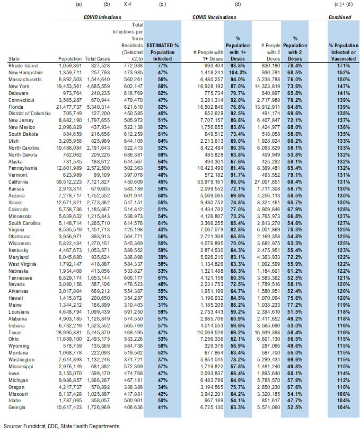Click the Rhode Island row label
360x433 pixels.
tap(23, 66)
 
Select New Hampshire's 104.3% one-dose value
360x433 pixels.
tap(238, 73)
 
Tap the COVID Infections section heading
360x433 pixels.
tap(102, 18)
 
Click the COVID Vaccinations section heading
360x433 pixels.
tap(214, 18)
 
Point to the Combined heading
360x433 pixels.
tap(339, 18)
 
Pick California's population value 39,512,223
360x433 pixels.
tap(69, 182)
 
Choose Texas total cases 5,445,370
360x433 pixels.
tap(98, 333)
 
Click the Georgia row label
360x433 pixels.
tap(16, 408)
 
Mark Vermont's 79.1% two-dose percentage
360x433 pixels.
tap(295, 175)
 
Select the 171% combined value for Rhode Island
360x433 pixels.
tap(344, 66)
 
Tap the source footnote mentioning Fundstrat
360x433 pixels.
tap(62, 427)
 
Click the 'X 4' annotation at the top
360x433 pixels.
tap(127, 4)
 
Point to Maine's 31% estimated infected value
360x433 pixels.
tap(162, 305)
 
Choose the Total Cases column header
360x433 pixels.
tap(98, 59)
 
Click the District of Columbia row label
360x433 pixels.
tap(30, 114)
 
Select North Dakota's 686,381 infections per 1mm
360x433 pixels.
tap(133, 155)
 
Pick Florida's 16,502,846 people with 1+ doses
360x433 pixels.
tap(210, 107)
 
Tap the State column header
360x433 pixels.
tap(14, 59)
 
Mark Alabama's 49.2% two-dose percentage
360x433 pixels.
tap(295, 319)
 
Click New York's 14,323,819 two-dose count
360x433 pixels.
tap(267, 86)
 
